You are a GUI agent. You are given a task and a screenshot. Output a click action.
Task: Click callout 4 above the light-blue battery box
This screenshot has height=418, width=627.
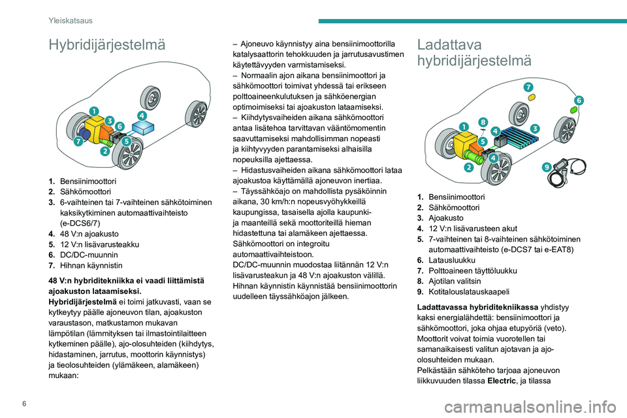(142, 115)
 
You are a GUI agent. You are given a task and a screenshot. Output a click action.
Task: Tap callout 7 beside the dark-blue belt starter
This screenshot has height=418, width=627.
(78, 140)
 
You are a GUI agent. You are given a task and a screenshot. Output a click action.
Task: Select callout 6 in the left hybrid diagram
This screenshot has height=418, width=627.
(120, 125)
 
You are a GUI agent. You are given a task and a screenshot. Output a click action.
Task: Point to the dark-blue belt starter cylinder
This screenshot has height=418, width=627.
(86, 135)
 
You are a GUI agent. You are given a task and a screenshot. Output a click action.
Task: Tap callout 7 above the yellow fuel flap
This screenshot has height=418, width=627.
(526, 86)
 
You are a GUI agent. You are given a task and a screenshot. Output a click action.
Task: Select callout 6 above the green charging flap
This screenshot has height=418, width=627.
(578, 100)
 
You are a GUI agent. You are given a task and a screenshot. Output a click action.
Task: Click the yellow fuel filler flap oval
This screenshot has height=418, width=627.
(532, 97)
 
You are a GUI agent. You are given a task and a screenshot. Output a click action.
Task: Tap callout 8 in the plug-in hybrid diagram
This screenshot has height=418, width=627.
(483, 121)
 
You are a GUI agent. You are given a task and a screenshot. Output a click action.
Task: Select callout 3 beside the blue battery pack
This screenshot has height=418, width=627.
(534, 128)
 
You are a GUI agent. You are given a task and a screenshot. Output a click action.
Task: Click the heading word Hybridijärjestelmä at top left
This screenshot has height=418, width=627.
(106, 45)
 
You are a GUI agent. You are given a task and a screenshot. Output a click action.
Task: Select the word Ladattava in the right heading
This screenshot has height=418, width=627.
(449, 44)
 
